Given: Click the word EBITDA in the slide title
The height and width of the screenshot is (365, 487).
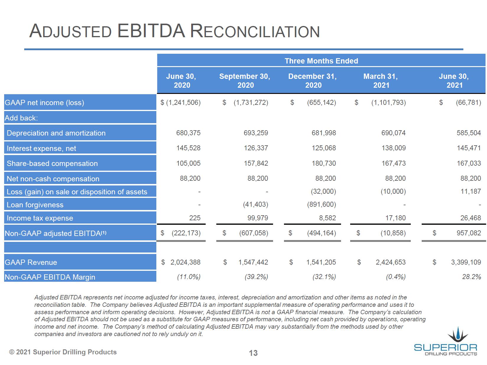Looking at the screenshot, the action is [x=151, y=31].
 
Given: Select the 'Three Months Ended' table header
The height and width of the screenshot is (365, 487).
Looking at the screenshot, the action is [x=321, y=61].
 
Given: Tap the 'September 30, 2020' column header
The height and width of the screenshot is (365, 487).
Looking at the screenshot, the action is [x=244, y=81].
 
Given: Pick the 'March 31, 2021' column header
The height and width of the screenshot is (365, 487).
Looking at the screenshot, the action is [x=380, y=81].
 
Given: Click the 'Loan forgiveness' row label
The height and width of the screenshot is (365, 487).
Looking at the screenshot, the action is [x=35, y=205].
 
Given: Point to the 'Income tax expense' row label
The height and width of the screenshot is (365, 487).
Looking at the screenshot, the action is [x=40, y=218].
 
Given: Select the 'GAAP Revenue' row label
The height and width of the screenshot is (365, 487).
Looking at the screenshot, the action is [x=31, y=263].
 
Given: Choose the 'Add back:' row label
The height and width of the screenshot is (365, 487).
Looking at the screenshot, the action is [x=21, y=118].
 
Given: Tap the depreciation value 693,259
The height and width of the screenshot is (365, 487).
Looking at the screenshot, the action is [x=256, y=133].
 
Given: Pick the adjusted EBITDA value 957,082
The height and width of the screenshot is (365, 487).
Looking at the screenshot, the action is [x=468, y=233].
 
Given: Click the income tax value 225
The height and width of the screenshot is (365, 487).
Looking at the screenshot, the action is [x=194, y=218].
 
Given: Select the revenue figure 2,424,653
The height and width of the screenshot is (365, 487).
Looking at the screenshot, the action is [x=390, y=262].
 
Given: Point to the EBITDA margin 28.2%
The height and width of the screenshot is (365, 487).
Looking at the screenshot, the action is [x=471, y=277].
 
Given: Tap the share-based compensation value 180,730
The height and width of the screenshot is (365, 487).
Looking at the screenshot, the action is [x=324, y=163].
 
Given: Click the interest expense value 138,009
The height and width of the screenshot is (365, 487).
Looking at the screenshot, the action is [x=393, y=148].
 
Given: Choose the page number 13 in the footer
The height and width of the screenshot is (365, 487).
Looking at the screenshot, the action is [x=253, y=353].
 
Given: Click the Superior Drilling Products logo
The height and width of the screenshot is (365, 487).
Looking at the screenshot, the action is [x=445, y=341].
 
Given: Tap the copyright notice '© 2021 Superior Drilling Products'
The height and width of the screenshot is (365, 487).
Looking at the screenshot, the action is [x=63, y=352].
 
